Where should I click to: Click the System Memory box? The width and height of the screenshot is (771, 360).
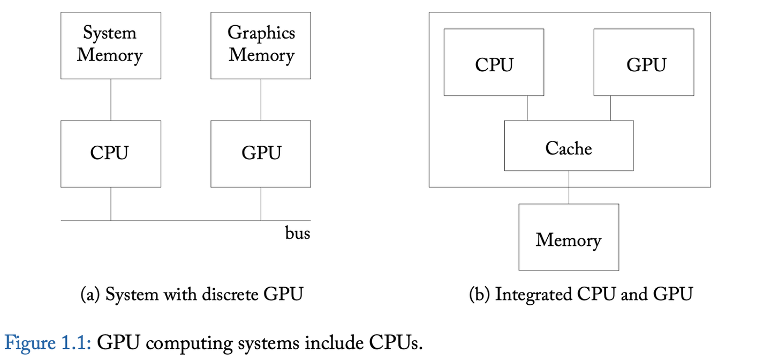pos(111,46)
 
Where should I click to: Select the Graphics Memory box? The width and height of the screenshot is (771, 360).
pos(261,46)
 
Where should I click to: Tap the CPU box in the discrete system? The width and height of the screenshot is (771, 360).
pos(111,154)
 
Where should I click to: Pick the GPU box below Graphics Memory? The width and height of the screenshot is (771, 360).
pos(261,154)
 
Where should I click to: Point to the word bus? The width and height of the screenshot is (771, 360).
pos(297,234)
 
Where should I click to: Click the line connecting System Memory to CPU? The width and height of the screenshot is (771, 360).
pos(111,100)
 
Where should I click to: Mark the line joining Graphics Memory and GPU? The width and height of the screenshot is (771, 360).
pos(261,100)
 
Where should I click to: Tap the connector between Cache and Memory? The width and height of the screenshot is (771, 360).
pos(569,187)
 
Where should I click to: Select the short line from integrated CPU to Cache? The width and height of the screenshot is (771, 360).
pos(527,108)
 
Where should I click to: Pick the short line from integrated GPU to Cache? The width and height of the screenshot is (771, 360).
pos(610,108)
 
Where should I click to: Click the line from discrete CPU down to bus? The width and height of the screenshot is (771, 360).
pos(111,204)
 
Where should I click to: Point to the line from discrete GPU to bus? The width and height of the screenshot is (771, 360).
pos(261,204)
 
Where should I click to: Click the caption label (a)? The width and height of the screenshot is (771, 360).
pos(90,295)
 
